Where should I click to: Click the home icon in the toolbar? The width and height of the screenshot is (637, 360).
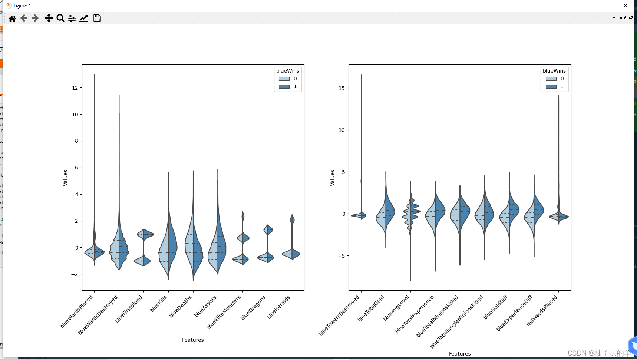pos(12,18)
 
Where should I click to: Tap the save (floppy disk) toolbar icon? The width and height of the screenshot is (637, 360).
pos(97,18)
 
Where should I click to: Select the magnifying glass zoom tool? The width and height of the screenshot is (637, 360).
pos(60,18)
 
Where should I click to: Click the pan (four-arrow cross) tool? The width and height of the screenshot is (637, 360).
pos(49,18)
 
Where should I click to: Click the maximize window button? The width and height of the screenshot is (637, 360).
pos(608,6)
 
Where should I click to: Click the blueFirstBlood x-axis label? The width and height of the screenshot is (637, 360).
pos(129,309)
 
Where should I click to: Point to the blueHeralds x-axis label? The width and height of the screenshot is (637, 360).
pos(278,307)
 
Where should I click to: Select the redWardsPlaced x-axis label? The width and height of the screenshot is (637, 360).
pos(542,311)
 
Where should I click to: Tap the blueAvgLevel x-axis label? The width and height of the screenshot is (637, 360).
pos(396,308)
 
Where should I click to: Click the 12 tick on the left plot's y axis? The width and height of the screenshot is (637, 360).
pos(75,88)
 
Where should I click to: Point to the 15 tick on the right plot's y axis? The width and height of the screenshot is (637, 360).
pos(341,88)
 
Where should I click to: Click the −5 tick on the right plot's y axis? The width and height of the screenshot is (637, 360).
pos(341,256)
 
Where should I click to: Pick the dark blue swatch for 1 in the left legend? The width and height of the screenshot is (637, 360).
pos(284,86)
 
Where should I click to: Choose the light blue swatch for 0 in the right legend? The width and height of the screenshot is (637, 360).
pos(551,79)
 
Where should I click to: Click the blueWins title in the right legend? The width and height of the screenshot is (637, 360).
pos(554,71)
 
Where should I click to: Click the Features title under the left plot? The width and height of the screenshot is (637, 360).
pos(193,340)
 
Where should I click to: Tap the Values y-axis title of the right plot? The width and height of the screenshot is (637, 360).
pos(332,178)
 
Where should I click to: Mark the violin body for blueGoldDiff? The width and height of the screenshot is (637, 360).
pos(509,215)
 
